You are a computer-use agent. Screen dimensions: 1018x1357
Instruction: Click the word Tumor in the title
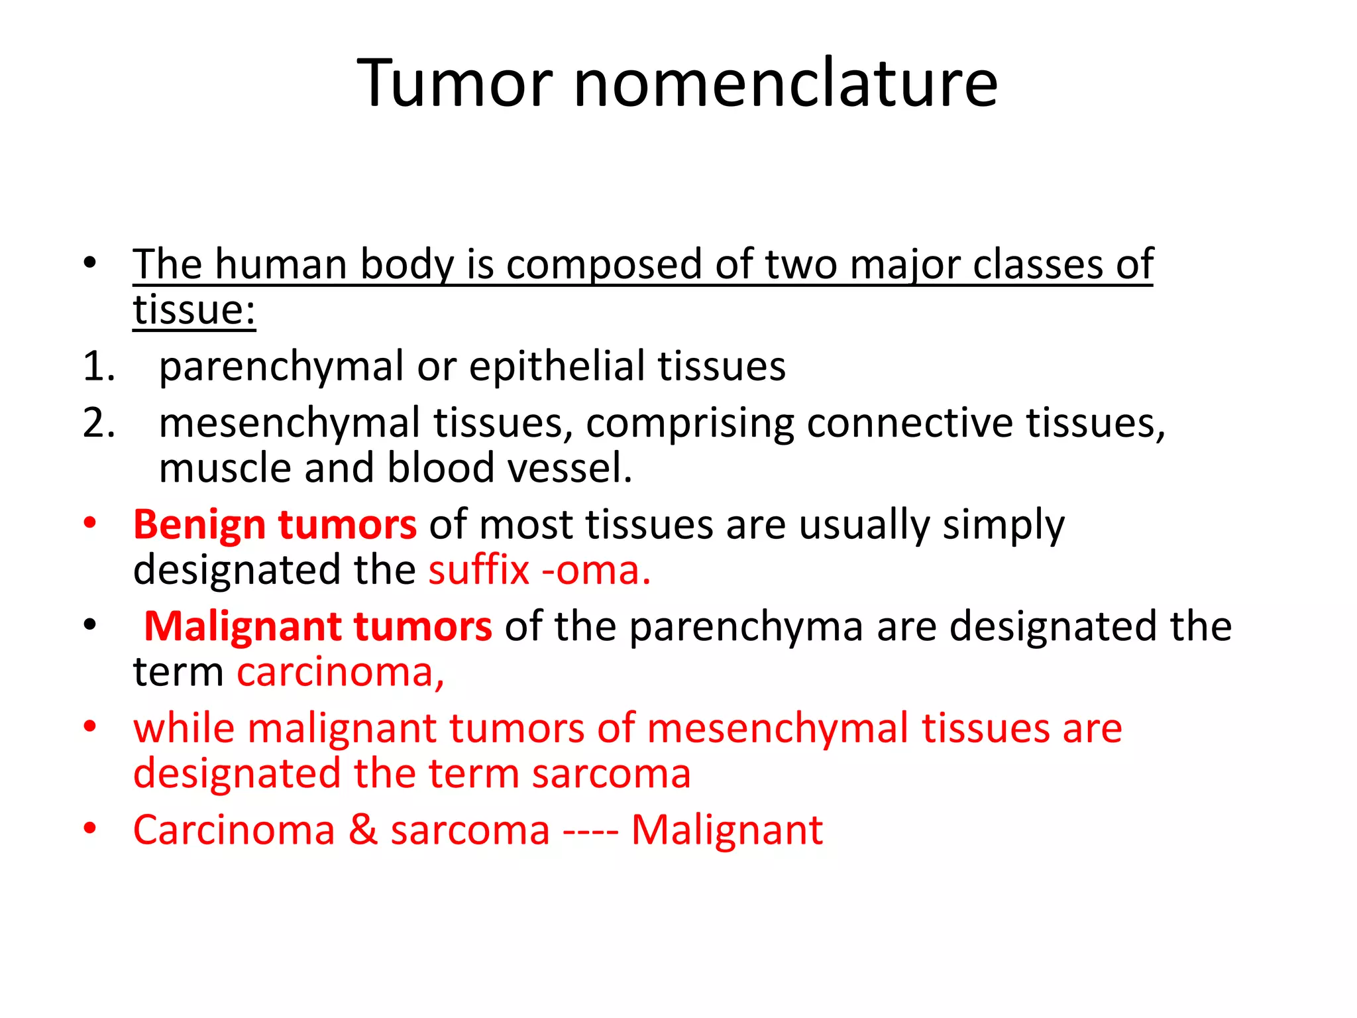pyautogui.click(x=455, y=84)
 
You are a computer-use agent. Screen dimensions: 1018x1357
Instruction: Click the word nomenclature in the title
pyautogui.click(x=785, y=84)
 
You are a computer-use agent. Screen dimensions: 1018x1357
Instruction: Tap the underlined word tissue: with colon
pyautogui.click(x=194, y=310)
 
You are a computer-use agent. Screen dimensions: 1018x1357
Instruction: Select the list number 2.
pyautogui.click(x=99, y=423)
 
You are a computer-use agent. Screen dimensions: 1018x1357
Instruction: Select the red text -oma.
pyautogui.click(x=596, y=570)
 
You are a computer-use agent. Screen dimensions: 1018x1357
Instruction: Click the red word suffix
pyautogui.click(x=479, y=570)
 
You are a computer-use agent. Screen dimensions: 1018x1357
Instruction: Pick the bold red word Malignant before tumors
pyautogui.click(x=243, y=627)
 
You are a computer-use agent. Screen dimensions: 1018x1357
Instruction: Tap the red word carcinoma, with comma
pyautogui.click(x=341, y=672)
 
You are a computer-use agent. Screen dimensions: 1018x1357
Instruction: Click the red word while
pyautogui.click(x=184, y=728)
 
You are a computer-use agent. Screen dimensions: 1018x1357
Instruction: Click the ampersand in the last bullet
pyautogui.click(x=363, y=830)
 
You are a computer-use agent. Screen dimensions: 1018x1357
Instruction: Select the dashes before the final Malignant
pyautogui.click(x=590, y=831)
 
